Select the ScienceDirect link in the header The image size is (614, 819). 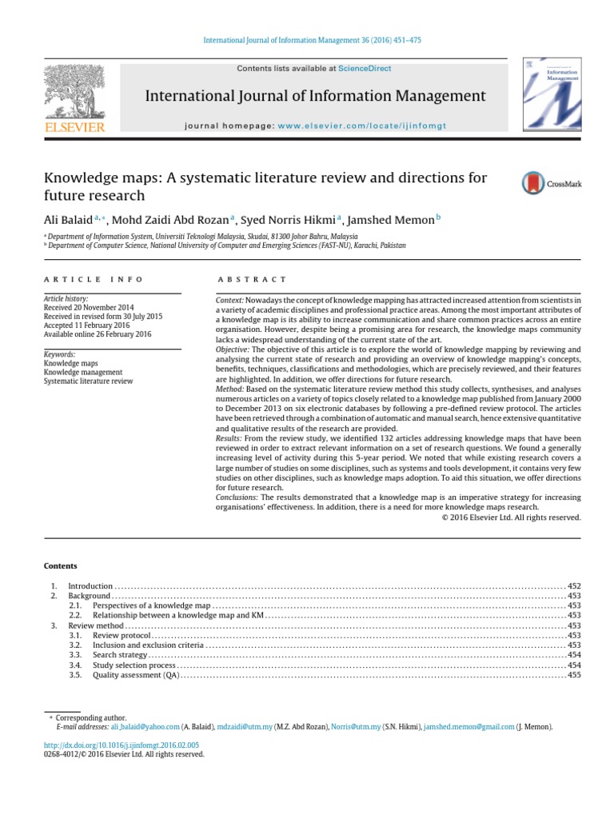[365, 69]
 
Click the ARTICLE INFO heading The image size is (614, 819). [94, 279]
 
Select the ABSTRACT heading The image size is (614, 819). [251, 279]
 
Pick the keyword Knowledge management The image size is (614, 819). [83, 372]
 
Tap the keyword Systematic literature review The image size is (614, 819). [88, 382]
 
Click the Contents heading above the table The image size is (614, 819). [60, 565]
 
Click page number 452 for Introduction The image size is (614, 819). [573, 586]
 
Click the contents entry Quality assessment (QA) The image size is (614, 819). [135, 675]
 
